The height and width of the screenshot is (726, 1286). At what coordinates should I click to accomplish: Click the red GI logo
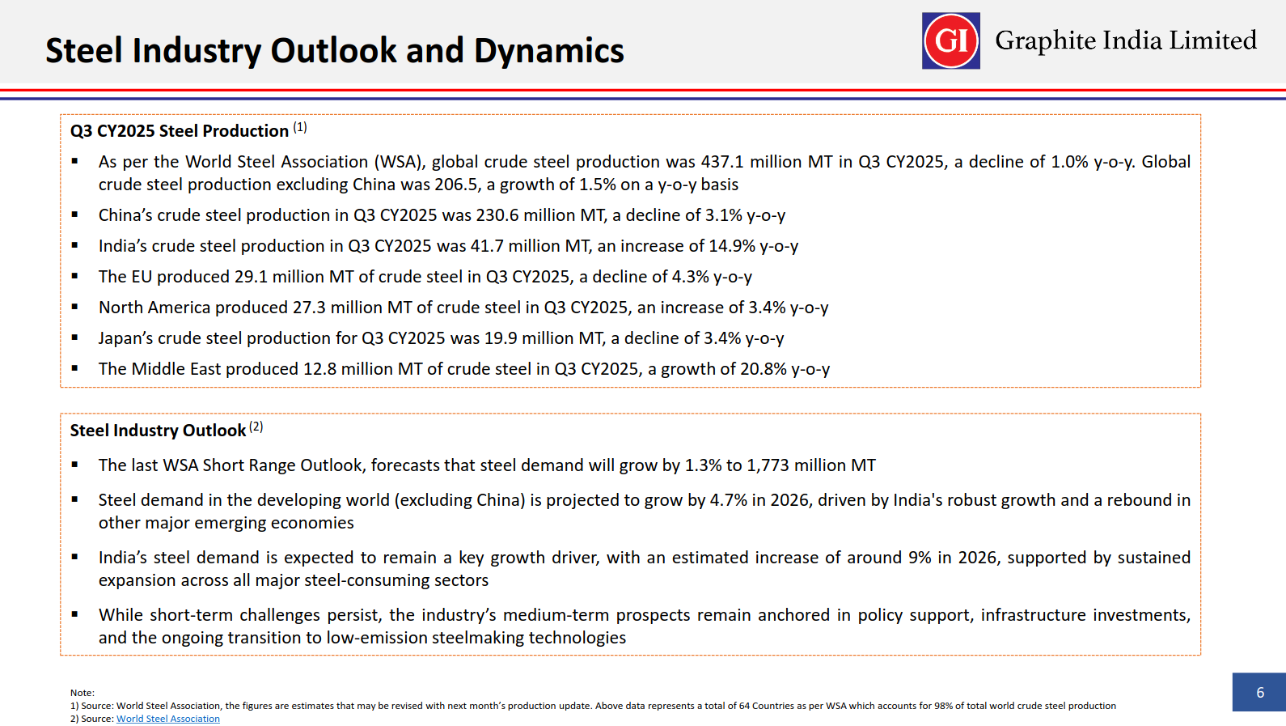point(950,40)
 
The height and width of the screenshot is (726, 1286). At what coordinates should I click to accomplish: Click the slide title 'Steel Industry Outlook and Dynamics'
point(334,50)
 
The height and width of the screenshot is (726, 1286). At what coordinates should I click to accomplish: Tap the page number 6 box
point(1259,692)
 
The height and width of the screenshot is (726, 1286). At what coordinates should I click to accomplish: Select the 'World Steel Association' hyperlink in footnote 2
point(167,719)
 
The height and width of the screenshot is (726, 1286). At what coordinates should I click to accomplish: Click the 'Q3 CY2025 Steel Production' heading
point(179,131)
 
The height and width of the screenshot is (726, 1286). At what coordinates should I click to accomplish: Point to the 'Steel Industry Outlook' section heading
point(158,431)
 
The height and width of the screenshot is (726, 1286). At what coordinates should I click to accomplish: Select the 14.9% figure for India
point(731,246)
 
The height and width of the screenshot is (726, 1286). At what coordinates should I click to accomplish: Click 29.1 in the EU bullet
point(251,277)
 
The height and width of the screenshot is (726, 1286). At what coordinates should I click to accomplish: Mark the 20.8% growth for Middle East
point(763,369)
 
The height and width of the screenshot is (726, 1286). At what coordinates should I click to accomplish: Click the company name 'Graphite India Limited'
point(1125,40)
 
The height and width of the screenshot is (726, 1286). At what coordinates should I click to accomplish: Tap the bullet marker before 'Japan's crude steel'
point(74,337)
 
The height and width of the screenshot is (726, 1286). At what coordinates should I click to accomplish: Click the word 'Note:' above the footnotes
point(82,693)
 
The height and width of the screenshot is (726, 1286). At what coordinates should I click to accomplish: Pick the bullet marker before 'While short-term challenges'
point(74,613)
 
